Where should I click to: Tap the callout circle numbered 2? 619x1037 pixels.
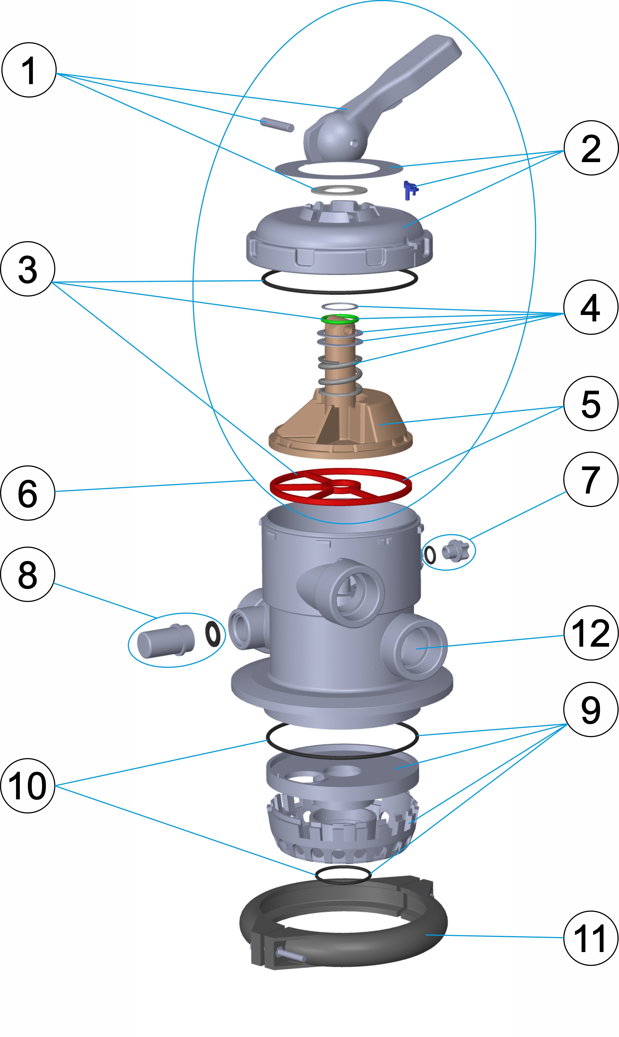coord(591,148)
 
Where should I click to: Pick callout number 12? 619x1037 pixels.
coord(591,633)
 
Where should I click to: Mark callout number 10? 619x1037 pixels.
coord(28,785)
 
